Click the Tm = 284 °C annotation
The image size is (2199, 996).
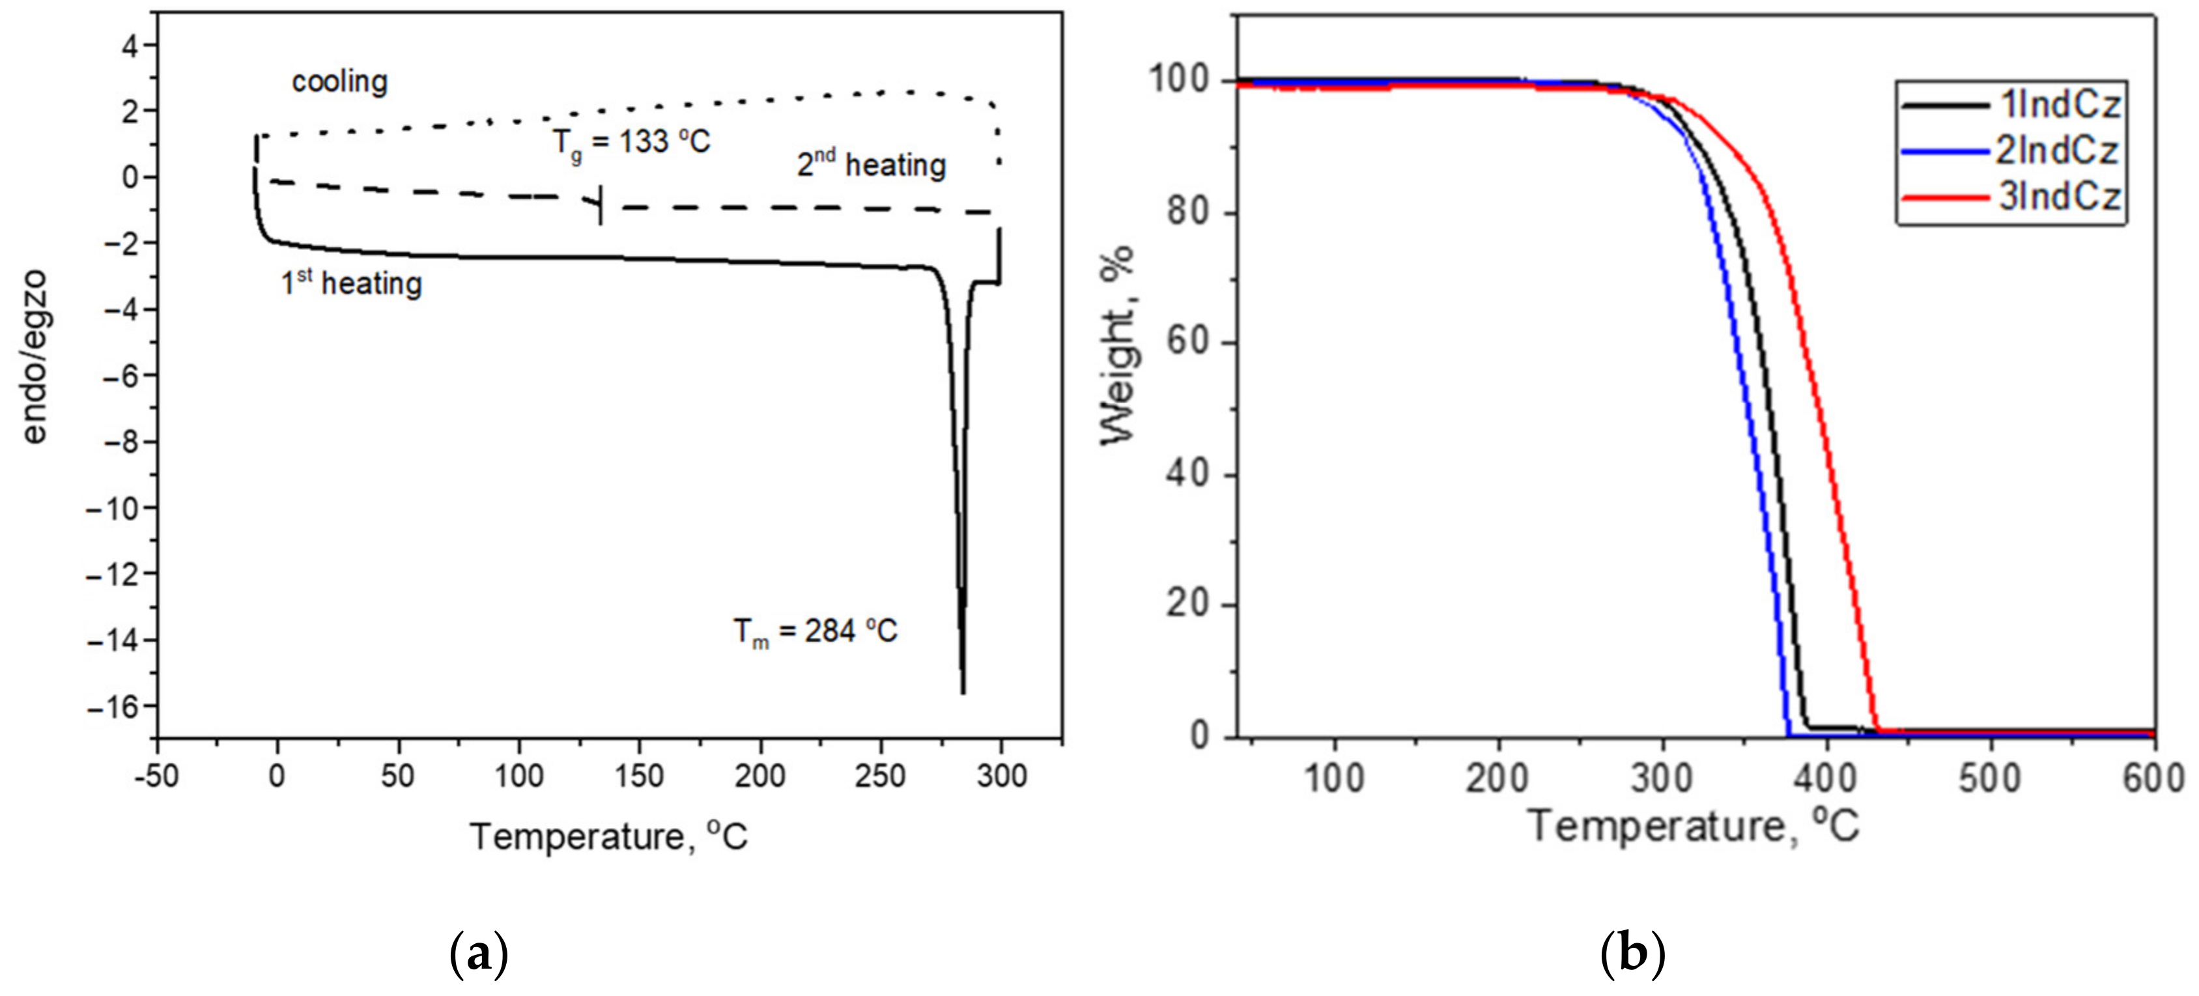(x=816, y=633)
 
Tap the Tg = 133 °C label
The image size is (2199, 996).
(x=631, y=141)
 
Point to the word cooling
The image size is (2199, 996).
(x=340, y=82)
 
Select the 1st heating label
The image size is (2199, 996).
(x=352, y=283)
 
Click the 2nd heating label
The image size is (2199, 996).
(x=872, y=164)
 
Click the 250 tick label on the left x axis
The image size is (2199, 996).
(x=880, y=776)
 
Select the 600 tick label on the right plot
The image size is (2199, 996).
(x=2154, y=778)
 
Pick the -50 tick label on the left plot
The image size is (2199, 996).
(x=156, y=776)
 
